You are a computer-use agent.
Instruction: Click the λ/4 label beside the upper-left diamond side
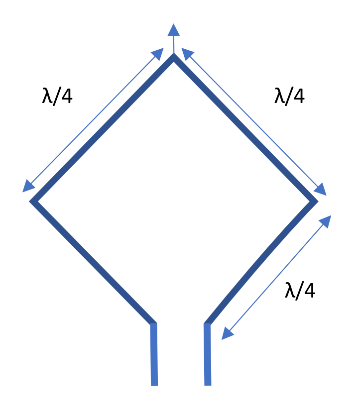click(x=57, y=96)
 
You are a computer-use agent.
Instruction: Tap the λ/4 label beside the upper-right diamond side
click(x=289, y=96)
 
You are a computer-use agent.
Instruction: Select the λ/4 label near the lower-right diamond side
click(x=300, y=291)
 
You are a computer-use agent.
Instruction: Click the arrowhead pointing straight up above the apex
click(x=174, y=29)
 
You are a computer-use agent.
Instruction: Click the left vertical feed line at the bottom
click(x=154, y=354)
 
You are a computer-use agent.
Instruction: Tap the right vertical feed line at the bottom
click(x=207, y=354)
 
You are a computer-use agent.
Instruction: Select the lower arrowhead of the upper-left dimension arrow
click(x=28, y=187)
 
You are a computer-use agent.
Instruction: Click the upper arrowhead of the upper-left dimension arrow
click(x=158, y=53)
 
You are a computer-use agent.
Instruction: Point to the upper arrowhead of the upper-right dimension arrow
click(x=187, y=53)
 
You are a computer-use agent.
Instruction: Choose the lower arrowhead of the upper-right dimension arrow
click(x=321, y=189)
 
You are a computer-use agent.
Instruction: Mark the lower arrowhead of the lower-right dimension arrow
click(x=227, y=334)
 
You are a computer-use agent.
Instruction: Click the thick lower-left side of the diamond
click(x=93, y=262)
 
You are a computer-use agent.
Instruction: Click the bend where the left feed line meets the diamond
click(x=153, y=323)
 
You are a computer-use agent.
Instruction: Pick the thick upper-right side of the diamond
click(x=245, y=128)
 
